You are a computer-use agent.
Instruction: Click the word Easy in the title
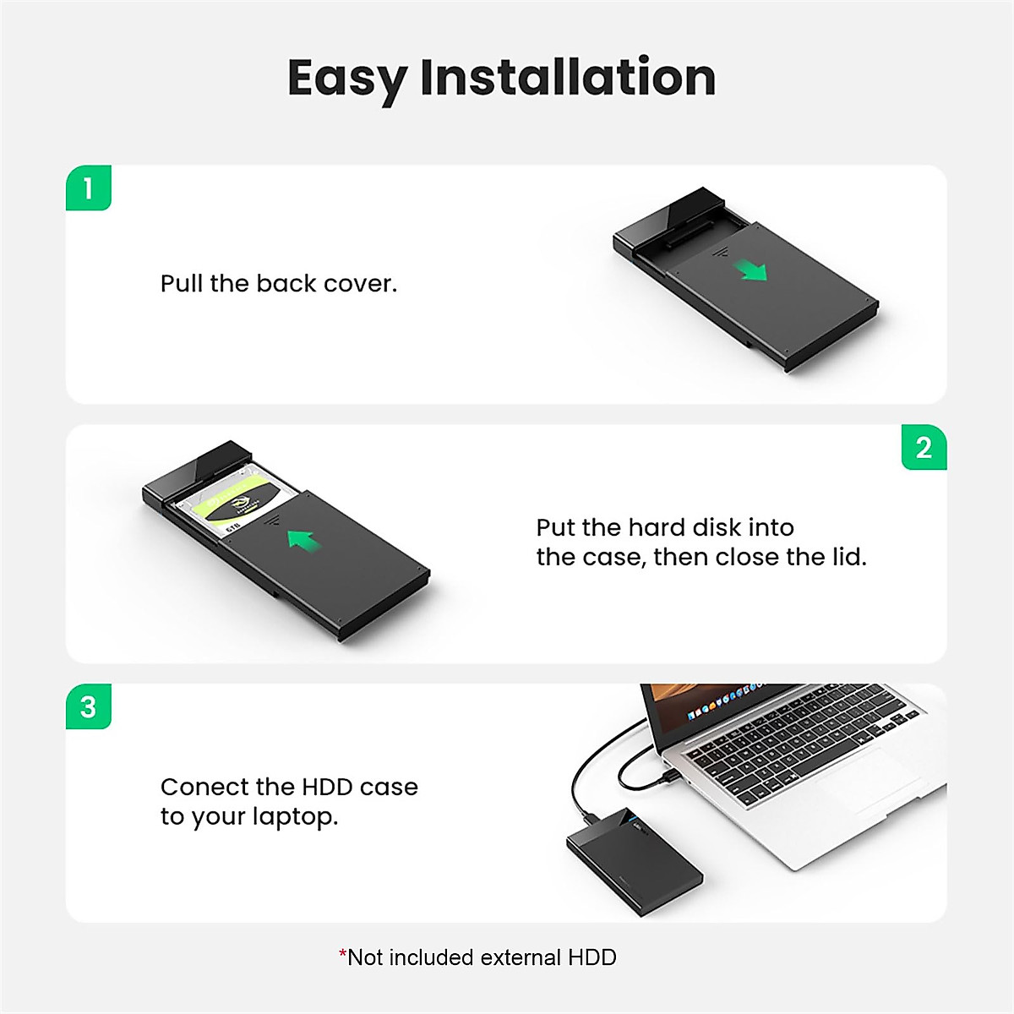tap(346, 78)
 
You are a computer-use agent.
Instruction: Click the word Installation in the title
tap(568, 78)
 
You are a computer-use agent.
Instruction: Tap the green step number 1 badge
tap(89, 188)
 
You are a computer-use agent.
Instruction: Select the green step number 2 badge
tap(924, 448)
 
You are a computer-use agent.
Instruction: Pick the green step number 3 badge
tap(89, 707)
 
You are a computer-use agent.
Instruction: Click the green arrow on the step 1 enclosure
tap(750, 270)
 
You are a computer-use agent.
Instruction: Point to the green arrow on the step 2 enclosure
tap(304, 539)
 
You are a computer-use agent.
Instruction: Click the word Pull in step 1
tap(182, 284)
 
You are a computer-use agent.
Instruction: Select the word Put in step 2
tap(555, 528)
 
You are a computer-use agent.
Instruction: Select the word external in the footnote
tap(520, 957)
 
